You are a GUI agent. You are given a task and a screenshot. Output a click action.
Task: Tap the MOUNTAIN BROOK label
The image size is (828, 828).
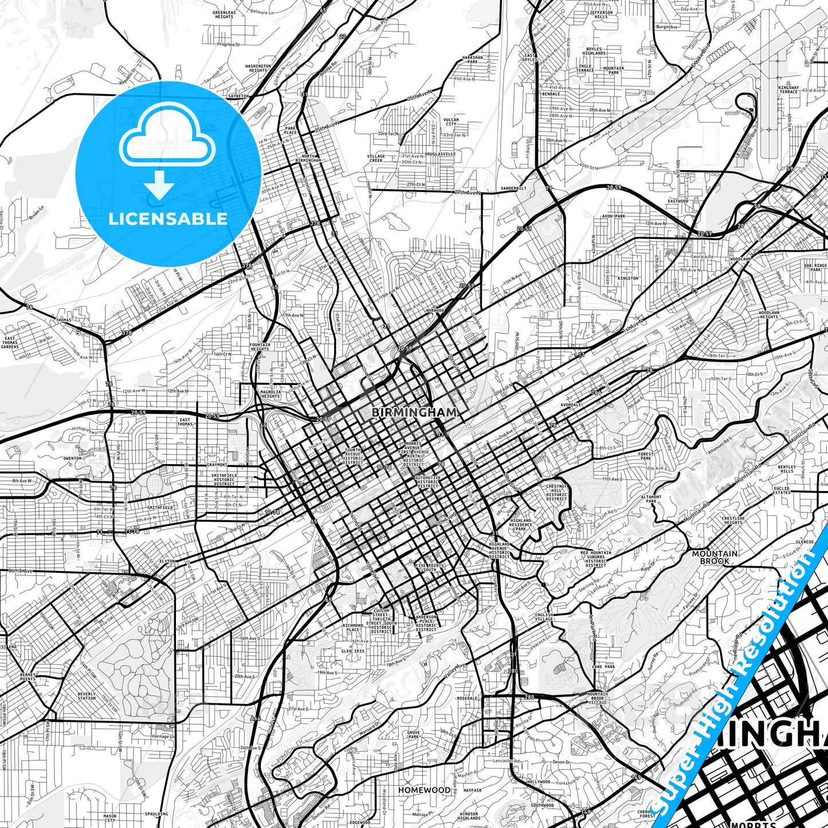coord(715,557)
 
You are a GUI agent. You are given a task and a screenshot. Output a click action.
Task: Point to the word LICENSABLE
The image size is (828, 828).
coord(168,219)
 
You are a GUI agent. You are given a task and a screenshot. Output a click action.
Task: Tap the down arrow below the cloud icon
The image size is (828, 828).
coord(160,187)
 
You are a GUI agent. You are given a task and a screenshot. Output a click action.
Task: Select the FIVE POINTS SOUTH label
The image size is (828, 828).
coord(430,567)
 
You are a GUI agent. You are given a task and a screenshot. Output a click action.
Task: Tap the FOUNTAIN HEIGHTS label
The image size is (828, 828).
coord(260,347)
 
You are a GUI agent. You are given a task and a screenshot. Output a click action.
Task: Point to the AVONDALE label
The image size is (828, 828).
coord(571,405)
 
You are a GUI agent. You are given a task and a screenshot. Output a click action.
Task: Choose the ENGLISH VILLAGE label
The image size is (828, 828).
coord(544,617)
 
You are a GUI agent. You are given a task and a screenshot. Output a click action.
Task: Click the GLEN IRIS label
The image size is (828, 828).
coord(353,651)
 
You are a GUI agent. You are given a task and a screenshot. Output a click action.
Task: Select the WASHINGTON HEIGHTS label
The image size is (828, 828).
coord(258,68)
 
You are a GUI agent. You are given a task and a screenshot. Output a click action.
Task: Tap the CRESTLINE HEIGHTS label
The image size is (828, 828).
coord(733,520)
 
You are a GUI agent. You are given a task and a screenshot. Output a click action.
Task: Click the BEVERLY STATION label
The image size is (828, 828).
coord(87,696)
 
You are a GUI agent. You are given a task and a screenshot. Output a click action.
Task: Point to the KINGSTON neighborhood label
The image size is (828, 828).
coord(628,278)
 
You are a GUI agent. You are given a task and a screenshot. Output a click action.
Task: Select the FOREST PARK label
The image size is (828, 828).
coord(646,456)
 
